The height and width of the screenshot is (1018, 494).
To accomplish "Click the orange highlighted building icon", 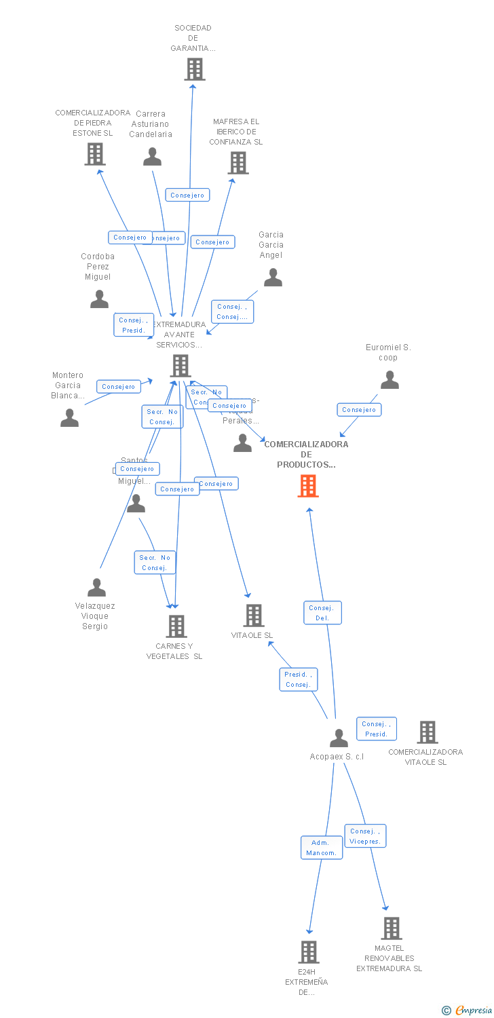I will [308, 486].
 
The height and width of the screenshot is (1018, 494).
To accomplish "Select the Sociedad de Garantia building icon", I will [195, 69].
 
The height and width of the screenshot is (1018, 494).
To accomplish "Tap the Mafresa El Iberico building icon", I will [238, 163].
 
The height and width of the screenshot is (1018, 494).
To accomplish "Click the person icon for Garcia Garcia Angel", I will [273, 278].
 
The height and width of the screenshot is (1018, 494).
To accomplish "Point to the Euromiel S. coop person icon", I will [389, 380].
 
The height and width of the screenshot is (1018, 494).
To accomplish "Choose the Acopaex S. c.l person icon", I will [339, 738].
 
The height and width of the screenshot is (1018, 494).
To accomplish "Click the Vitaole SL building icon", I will [254, 616].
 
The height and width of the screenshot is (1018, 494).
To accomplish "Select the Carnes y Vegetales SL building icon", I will [176, 626].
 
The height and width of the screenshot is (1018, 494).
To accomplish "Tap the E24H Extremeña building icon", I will [309, 951].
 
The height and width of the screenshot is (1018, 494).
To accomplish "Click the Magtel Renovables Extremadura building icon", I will [392, 928].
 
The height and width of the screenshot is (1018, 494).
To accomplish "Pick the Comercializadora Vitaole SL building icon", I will [427, 732].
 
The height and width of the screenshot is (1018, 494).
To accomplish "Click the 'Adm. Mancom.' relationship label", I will [322, 848].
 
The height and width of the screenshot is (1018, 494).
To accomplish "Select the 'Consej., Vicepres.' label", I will [365, 836].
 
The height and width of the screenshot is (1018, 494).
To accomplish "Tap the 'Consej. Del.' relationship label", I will [322, 613].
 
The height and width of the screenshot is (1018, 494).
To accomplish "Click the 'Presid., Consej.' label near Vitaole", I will [299, 679].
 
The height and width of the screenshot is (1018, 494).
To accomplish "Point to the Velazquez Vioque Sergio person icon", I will [97, 587].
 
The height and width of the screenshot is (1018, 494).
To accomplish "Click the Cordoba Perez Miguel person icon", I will [99, 299].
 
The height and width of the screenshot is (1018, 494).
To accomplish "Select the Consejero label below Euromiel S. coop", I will [359, 410].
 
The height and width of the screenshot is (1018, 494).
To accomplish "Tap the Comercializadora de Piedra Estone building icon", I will [95, 155].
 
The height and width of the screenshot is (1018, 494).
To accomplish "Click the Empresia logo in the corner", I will [468, 1011].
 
